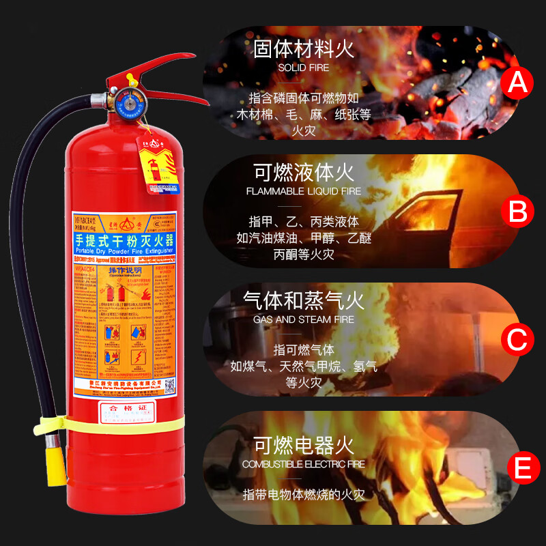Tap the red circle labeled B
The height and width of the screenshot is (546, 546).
coord(517,212)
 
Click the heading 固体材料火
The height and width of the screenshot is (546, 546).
coord(304,49)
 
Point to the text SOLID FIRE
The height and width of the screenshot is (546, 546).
coord(304,68)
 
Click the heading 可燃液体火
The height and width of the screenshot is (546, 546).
coord(304,172)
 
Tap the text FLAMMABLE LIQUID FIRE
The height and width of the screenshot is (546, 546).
coord(304,192)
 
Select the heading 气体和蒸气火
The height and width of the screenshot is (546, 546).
coord(304,300)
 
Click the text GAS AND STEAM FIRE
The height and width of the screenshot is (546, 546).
coord(304,319)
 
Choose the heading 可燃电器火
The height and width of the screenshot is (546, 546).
coord(304,446)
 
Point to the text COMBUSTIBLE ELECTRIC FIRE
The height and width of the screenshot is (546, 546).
coord(304,464)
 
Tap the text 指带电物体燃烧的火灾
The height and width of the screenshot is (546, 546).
coord(304,493)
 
